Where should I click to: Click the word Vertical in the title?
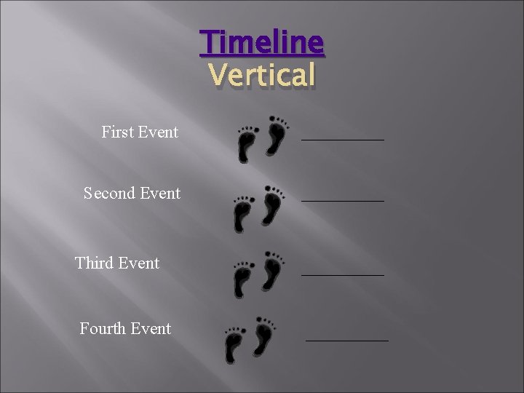point(262,74)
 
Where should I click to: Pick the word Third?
point(94,263)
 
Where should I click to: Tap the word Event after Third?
point(139,263)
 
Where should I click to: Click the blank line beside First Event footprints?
point(343,138)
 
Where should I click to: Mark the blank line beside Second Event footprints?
point(343,199)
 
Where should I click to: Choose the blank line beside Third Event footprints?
point(343,274)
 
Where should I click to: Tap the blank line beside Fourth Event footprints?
point(347,339)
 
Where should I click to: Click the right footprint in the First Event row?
point(276,135)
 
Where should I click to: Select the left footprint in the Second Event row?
point(242,214)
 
